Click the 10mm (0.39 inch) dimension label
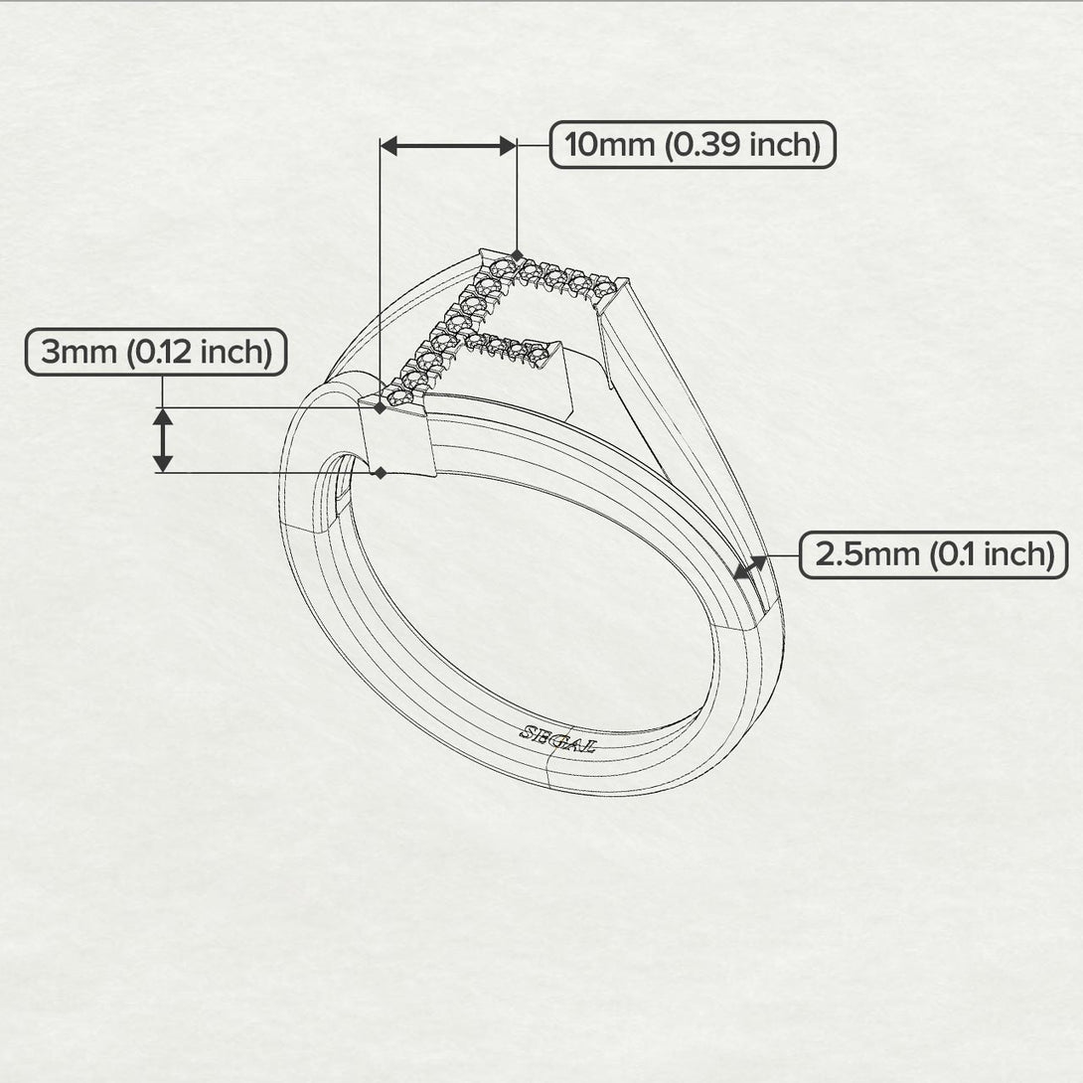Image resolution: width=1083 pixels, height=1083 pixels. (693, 145)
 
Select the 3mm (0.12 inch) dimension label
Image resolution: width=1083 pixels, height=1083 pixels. (156, 353)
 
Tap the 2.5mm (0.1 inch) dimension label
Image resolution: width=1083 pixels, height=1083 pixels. (934, 553)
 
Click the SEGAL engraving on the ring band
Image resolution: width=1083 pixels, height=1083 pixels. (557, 738)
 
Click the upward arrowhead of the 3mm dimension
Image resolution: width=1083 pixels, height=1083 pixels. (163, 417)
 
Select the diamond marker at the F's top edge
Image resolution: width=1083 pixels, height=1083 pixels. (517, 254)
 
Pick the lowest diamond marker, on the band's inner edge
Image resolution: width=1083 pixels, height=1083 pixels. (380, 473)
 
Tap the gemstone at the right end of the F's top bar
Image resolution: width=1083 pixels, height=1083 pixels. (600, 288)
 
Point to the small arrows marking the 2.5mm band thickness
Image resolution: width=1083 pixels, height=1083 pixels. (750, 566)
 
